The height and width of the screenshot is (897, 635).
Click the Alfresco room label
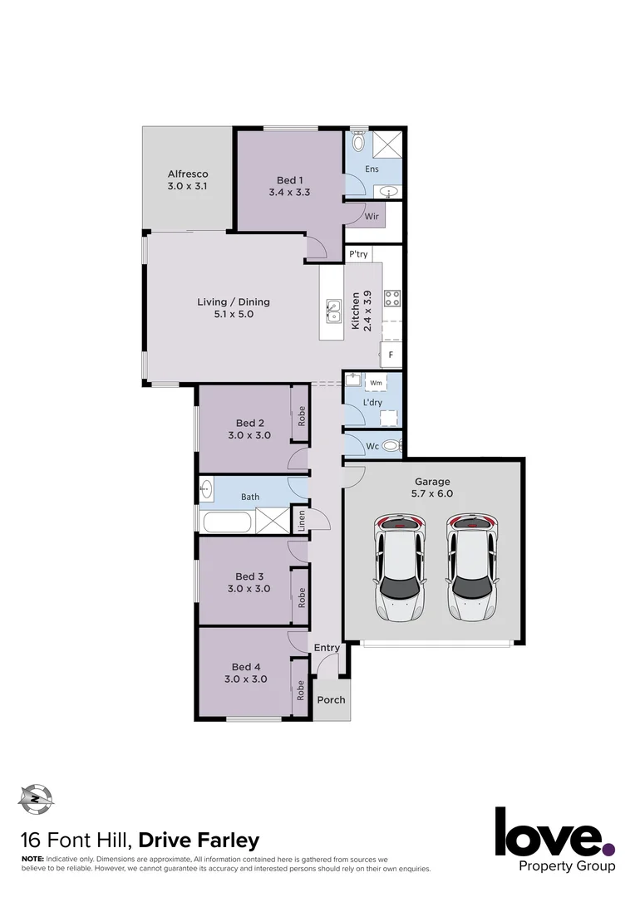tap(187, 174)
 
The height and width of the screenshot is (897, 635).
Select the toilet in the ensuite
tap(358, 142)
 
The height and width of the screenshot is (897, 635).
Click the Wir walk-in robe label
tap(372, 216)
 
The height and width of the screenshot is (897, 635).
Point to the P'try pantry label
tap(358, 254)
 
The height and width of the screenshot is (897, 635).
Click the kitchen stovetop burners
tap(391, 296)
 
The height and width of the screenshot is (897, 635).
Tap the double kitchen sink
tap(333, 311)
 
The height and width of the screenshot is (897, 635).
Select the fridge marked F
tap(391, 355)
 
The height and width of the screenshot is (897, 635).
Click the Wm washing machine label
tap(375, 383)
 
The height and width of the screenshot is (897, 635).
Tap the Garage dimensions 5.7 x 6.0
tap(433, 493)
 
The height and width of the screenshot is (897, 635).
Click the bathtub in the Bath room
tap(227, 522)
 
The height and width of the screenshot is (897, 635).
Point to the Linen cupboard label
tap(301, 520)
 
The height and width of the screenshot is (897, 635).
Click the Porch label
tap(331, 699)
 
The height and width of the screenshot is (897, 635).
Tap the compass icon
tap(35, 799)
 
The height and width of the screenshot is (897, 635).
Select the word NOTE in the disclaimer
tap(32, 857)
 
